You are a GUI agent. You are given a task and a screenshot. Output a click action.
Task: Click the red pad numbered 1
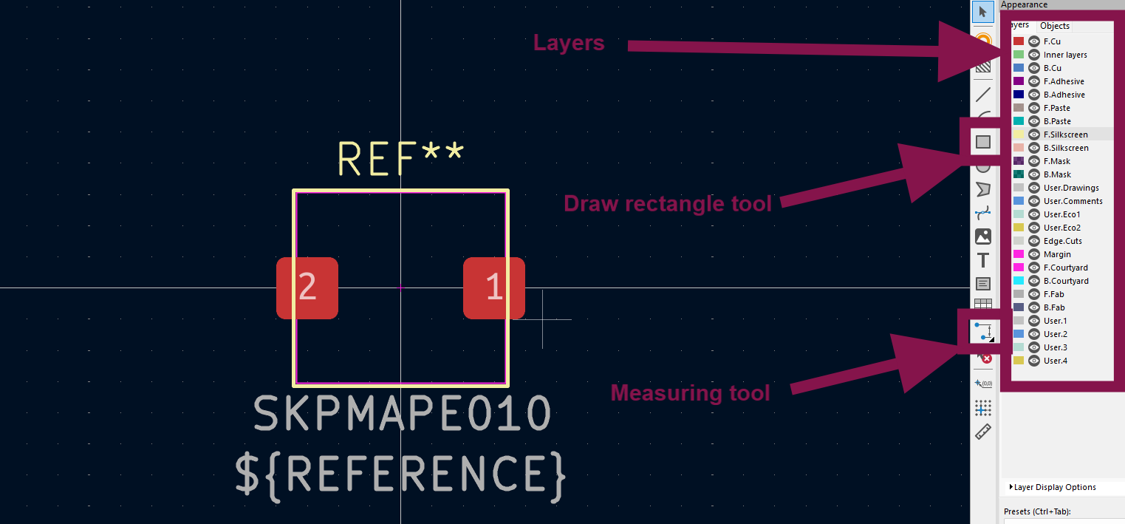click(x=494, y=287)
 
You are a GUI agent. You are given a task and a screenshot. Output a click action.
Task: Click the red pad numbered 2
click(x=307, y=287)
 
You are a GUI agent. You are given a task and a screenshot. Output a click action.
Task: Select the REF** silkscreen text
click(x=401, y=158)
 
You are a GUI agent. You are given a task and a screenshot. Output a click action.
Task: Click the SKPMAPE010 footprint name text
click(x=403, y=414)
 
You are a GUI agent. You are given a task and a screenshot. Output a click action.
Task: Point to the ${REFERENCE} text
click(x=401, y=474)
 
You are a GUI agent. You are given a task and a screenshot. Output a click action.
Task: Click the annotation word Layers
click(x=569, y=44)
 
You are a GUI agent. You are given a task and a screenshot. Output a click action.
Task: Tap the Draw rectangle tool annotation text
click(x=667, y=203)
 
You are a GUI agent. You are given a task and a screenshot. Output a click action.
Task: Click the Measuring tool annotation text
click(x=690, y=392)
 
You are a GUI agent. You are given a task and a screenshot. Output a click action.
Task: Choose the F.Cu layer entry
click(x=1052, y=41)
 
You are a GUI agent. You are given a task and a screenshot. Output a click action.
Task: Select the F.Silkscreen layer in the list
click(x=1065, y=135)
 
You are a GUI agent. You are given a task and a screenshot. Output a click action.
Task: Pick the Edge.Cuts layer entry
click(x=1062, y=241)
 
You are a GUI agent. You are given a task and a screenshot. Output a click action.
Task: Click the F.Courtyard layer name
click(x=1065, y=268)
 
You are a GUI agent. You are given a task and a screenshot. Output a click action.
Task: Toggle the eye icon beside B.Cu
click(x=1034, y=68)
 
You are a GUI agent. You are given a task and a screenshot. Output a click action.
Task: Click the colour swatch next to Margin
click(x=1019, y=254)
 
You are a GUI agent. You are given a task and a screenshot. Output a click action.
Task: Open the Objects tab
click(x=1055, y=26)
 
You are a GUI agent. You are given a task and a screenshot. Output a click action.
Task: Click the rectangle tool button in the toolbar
click(x=983, y=142)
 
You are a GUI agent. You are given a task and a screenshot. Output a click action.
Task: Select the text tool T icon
click(x=983, y=260)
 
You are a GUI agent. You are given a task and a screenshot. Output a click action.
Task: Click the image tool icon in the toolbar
click(x=983, y=237)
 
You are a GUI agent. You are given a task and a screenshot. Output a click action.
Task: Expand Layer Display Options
click(x=1054, y=487)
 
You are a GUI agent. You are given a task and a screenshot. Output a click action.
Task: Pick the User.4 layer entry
click(x=1055, y=361)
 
